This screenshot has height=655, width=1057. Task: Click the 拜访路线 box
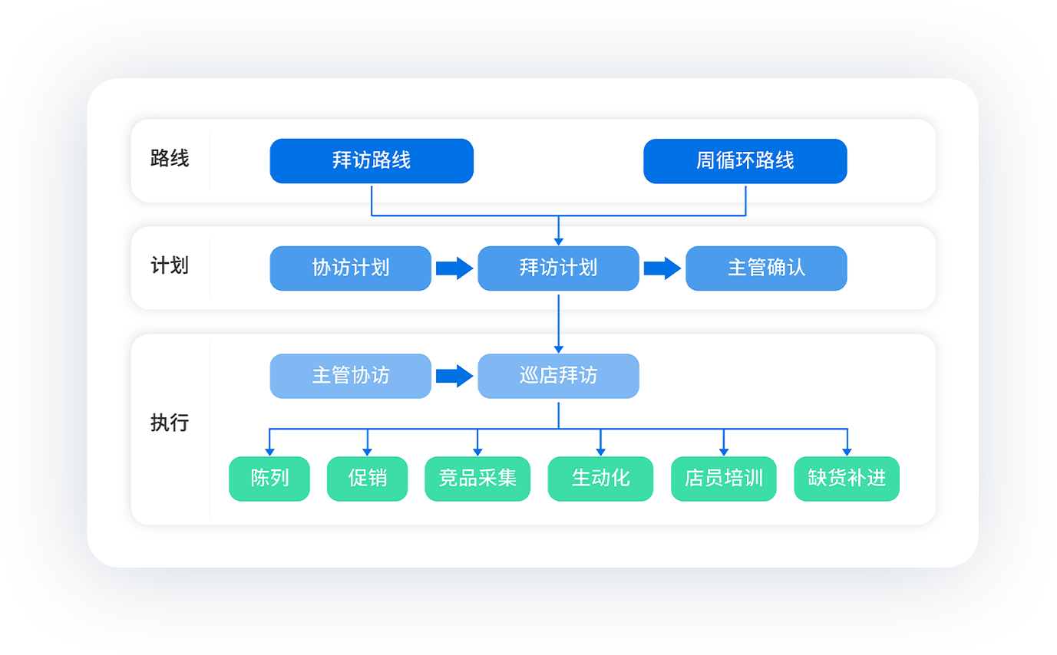(372, 161)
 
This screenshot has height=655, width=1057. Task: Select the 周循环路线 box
(745, 161)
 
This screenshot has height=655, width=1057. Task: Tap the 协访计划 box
(350, 268)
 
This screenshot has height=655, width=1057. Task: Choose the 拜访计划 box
(558, 268)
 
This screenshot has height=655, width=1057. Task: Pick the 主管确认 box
(766, 268)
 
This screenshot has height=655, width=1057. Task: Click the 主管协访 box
(350, 376)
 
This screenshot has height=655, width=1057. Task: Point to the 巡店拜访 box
(558, 376)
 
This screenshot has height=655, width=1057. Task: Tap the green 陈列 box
(269, 479)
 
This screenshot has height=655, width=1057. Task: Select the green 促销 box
(367, 479)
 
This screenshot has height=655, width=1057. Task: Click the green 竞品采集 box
(477, 479)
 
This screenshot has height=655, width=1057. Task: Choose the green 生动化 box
(600, 479)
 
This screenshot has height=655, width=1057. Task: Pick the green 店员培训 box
(723, 479)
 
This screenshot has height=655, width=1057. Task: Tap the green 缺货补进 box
(847, 479)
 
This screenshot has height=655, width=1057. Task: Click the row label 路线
(170, 159)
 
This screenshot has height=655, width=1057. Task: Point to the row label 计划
(170, 266)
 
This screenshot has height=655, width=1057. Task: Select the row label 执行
(170, 423)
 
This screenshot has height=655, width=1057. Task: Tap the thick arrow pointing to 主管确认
(662, 268)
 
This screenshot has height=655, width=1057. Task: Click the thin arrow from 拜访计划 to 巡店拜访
(558, 322)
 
